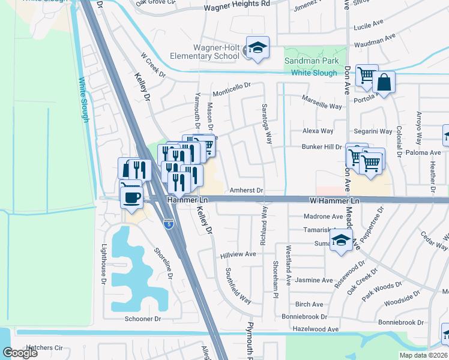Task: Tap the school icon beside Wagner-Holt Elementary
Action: coord(258,48)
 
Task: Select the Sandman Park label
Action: coord(312,61)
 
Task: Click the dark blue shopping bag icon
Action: coord(384,83)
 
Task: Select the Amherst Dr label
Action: coord(247,190)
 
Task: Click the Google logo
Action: coord(20,353)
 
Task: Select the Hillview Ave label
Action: coord(238,254)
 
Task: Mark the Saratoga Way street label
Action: coord(267,124)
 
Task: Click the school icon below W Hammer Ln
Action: coord(342,241)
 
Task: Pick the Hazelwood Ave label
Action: coord(315,329)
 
